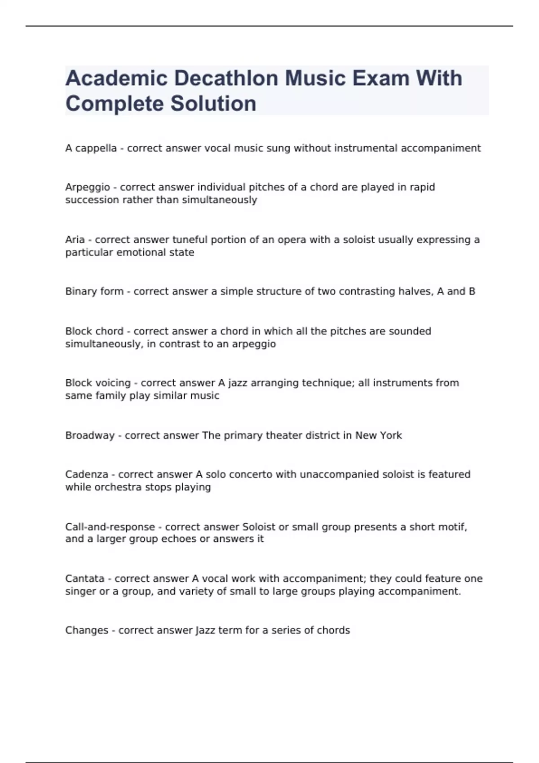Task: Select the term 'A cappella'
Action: tap(91, 148)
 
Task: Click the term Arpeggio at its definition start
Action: tap(88, 187)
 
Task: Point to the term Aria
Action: tap(75, 240)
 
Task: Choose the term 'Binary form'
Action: tap(94, 291)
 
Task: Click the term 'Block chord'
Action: tap(94, 331)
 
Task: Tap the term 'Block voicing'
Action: tap(98, 383)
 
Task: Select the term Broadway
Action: tap(90, 435)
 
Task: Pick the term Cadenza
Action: tap(87, 474)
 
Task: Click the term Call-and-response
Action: tap(110, 527)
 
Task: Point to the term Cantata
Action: tap(85, 579)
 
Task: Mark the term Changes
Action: tap(87, 630)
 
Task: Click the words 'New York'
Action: tap(379, 435)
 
